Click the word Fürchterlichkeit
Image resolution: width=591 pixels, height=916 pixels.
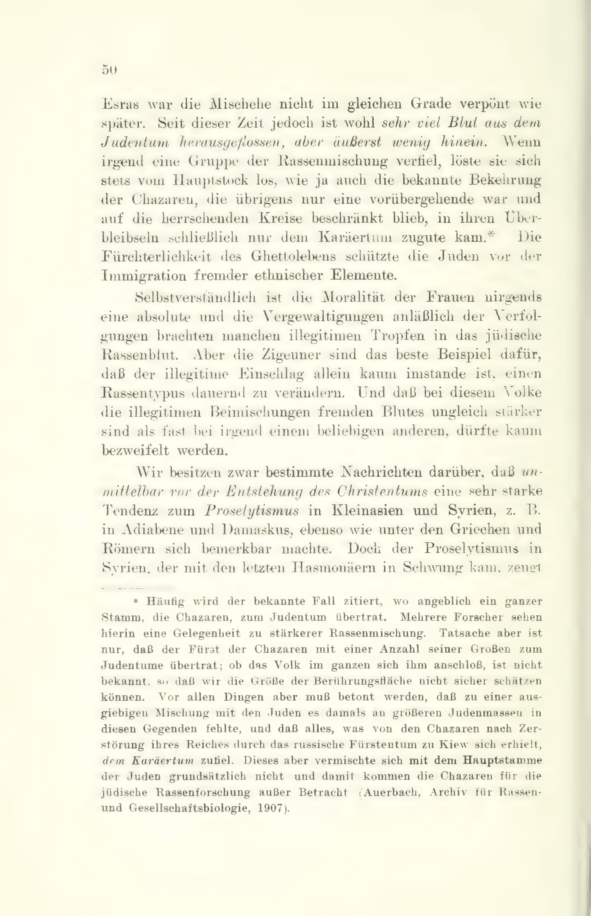[157, 257]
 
